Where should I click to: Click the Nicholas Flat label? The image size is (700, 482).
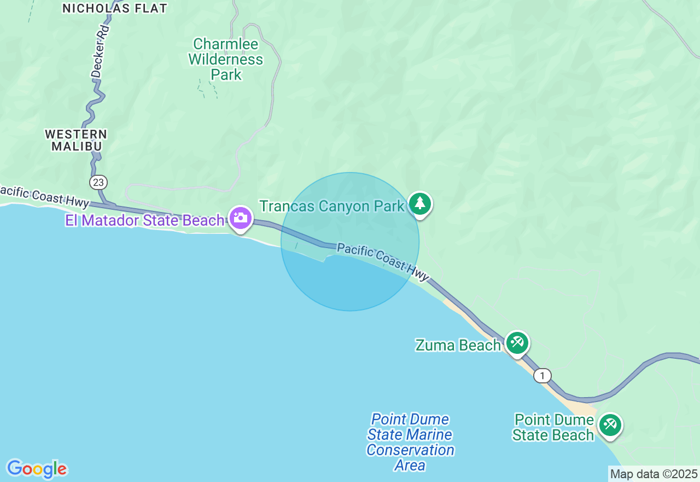point(114,8)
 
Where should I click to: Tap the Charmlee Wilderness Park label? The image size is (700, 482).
point(226,59)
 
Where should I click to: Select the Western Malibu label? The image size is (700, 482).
point(76,140)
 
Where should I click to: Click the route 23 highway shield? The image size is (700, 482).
point(100,182)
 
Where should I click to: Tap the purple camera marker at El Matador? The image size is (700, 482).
point(240,218)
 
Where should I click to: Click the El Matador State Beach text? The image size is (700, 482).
point(145,220)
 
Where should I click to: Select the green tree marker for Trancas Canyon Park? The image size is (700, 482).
point(419,204)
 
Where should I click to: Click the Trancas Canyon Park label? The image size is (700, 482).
point(332,206)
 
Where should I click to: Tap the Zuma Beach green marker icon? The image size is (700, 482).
point(517,343)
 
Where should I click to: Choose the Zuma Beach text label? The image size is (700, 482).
point(458,345)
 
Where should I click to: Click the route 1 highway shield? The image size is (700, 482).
point(542,376)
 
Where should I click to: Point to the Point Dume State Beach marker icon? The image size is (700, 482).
point(610,424)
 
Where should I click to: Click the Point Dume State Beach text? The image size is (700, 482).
point(554,427)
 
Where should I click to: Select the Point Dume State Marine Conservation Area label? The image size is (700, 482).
point(410,442)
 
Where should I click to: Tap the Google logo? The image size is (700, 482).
point(37,469)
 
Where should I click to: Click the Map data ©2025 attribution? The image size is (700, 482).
point(654,474)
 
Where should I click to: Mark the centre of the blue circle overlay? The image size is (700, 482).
point(350,242)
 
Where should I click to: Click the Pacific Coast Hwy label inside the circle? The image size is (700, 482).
point(383,261)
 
